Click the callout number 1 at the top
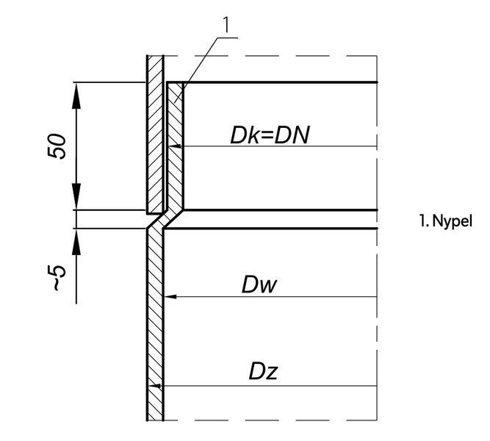tap(226, 25)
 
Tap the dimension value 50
tap(57, 146)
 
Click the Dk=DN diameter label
tap(270, 135)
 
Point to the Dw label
tap(259, 284)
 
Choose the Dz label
tap(263, 371)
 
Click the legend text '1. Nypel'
tap(446, 221)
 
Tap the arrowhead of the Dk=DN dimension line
tap(175, 146)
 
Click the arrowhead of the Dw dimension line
tap(170, 296)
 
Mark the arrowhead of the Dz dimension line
tap(154, 386)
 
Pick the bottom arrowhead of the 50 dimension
tap(76, 196)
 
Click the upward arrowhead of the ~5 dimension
tap(76, 242)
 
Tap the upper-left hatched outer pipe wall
tap(155, 135)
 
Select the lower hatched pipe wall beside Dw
tap(155, 323)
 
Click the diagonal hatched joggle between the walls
tap(165, 219)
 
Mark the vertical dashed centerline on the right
tap(377, 238)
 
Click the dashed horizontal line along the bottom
tap(270, 420)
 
